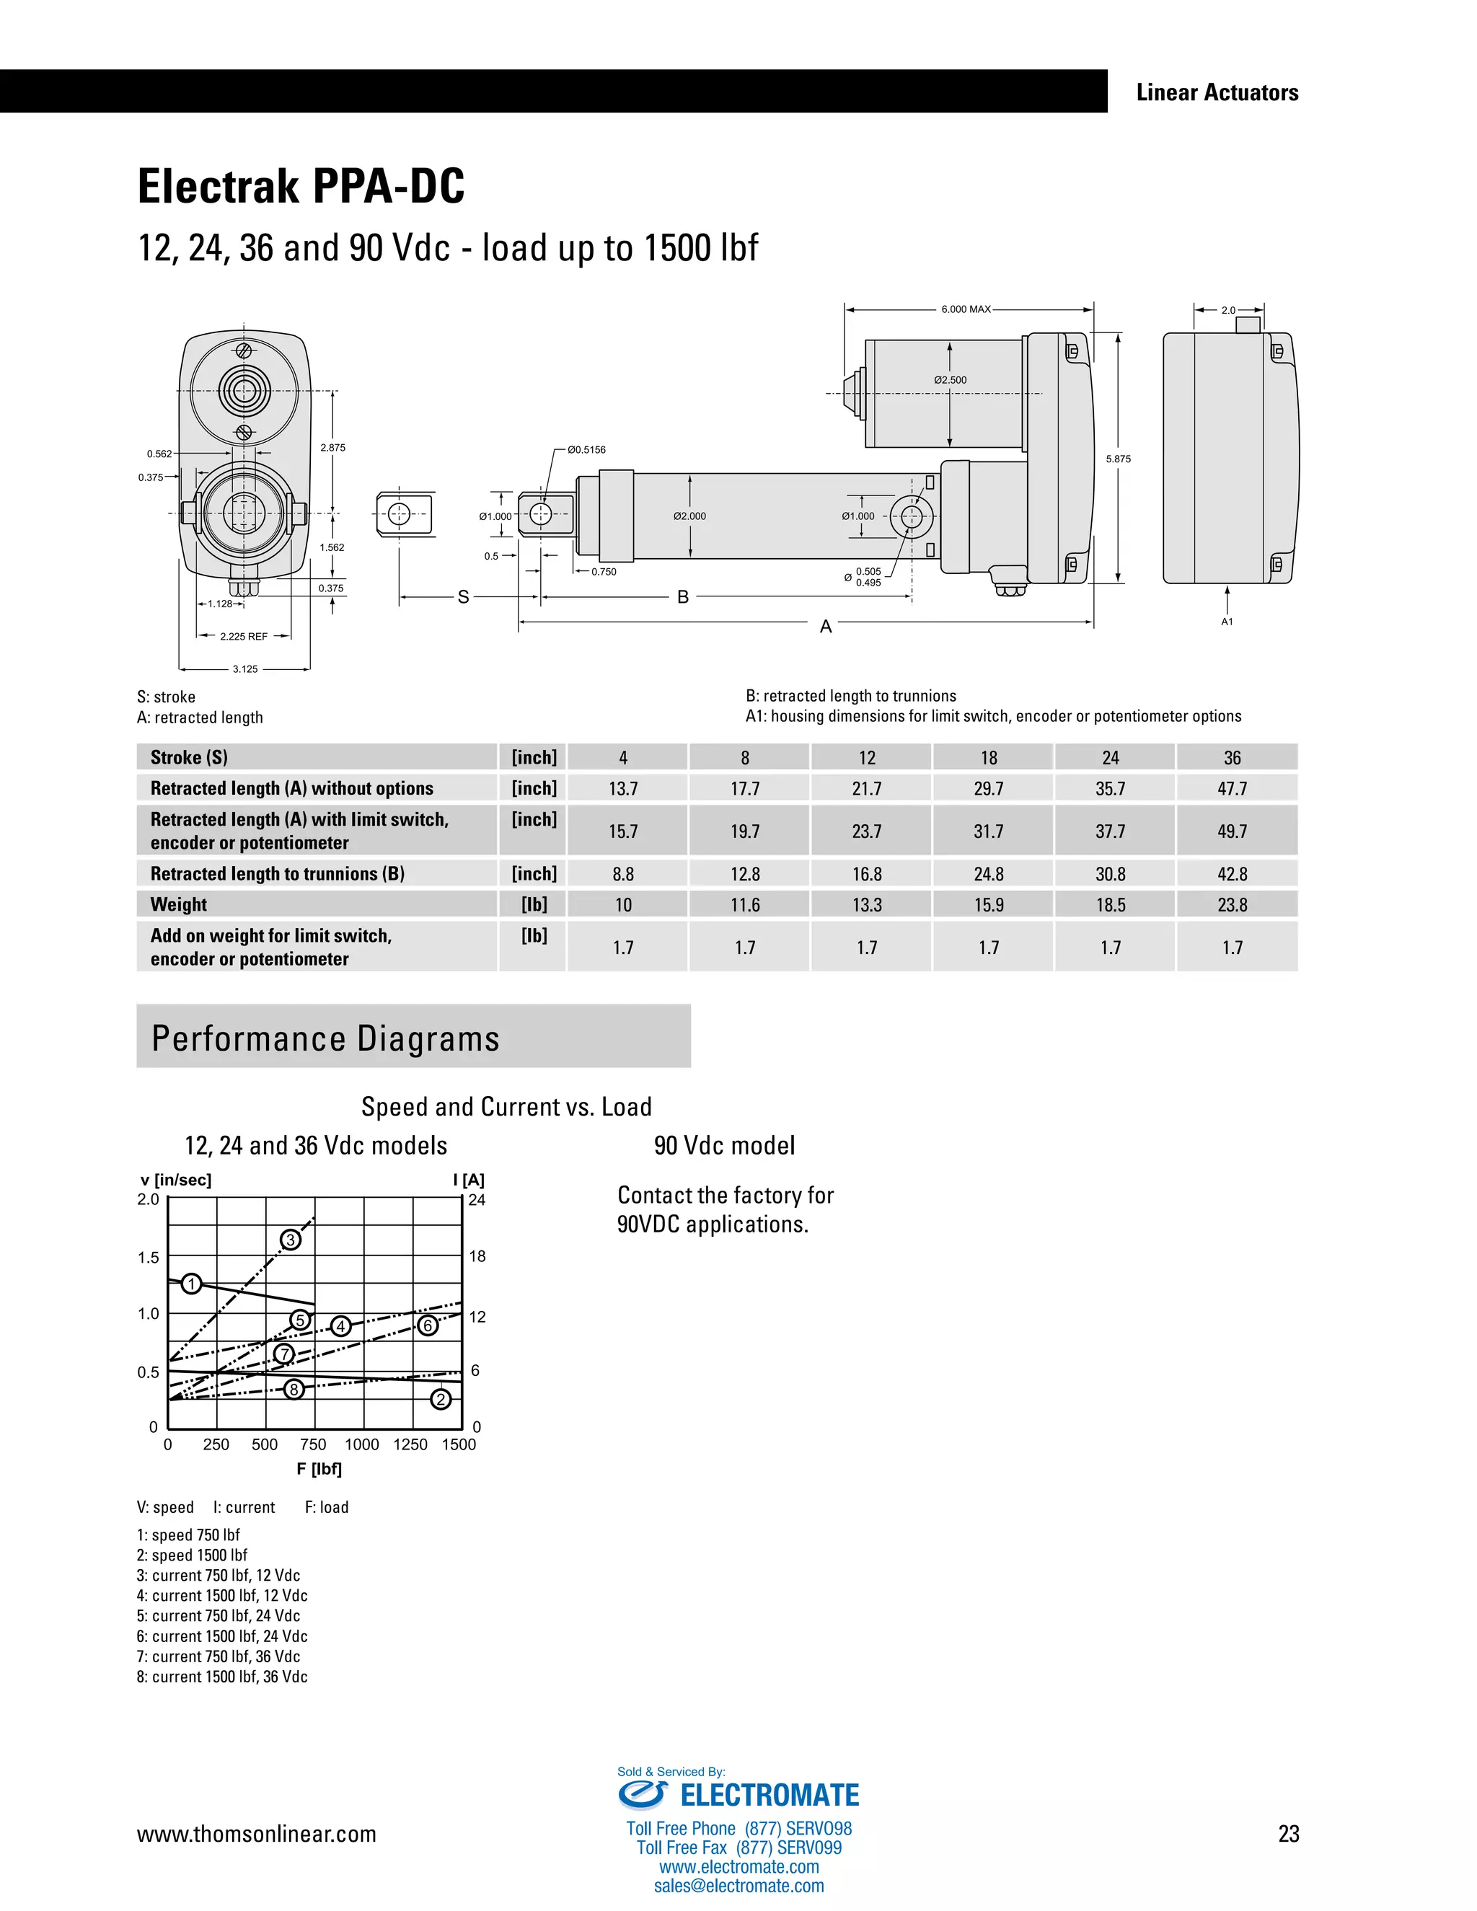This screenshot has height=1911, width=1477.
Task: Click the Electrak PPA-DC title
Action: pos(301,186)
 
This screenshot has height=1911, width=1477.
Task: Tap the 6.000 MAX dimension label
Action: pos(966,309)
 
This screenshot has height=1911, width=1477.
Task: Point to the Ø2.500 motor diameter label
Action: pos(951,380)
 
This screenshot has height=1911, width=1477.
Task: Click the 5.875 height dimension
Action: pos(1119,459)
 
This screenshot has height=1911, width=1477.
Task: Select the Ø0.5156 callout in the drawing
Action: pos(586,450)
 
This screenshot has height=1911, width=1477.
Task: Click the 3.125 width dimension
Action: pos(245,669)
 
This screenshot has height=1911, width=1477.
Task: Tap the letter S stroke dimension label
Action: pos(464,597)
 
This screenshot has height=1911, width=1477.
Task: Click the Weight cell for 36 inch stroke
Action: pos(1232,905)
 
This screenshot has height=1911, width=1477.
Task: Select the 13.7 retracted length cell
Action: pos(623,788)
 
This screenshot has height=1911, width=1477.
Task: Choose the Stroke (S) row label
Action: pos(189,758)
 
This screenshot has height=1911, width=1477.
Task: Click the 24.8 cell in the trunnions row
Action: pos(989,874)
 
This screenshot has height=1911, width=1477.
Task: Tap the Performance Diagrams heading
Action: pos(325,1038)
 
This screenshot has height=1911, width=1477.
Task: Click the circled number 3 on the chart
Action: pos(291,1240)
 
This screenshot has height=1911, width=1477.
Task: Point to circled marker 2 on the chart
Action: pos(441,1399)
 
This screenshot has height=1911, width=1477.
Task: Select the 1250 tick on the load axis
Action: pos(410,1444)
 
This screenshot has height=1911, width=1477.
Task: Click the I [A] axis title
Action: pos(469,1180)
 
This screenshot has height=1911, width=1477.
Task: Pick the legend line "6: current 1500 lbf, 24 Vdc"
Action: pos(222,1636)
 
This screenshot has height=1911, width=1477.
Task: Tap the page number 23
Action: pos(1288,1834)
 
